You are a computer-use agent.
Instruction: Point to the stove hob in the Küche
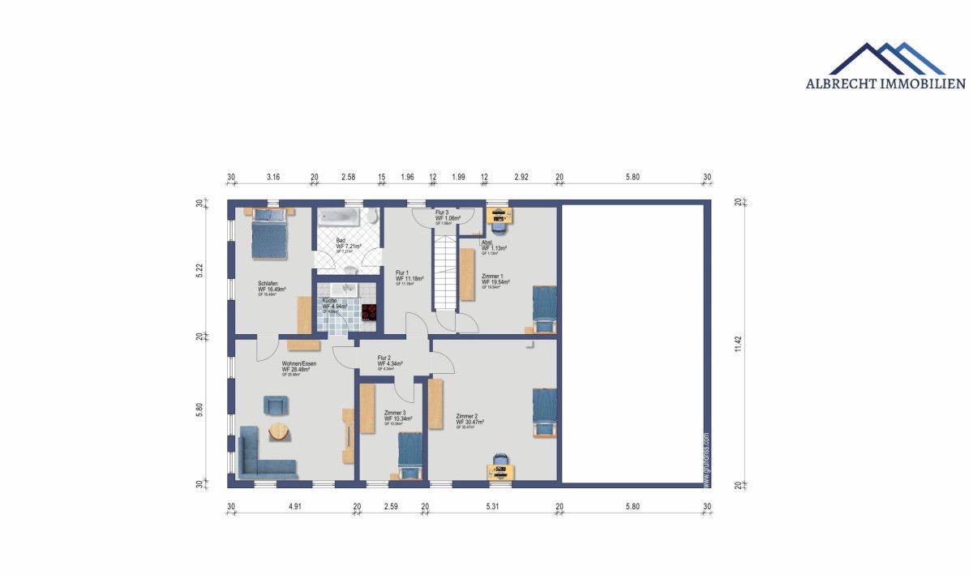point(370,312)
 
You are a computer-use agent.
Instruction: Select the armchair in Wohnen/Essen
point(275,405)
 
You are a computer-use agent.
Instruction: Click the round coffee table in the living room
point(278,431)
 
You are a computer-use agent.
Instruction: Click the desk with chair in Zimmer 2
point(501,466)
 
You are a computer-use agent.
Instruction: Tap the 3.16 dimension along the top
point(273,177)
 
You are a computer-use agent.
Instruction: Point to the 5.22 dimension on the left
point(199,270)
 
